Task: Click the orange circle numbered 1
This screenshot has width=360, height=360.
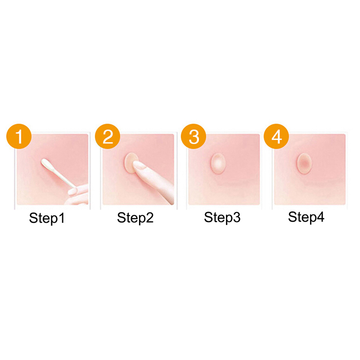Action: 19,136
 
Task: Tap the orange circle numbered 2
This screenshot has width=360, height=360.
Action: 108,136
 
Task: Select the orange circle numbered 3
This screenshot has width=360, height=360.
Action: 193,136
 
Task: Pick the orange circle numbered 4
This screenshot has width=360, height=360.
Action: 276,136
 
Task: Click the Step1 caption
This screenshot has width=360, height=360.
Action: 47,218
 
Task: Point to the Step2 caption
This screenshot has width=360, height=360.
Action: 135,218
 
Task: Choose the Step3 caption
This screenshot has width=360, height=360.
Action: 222,217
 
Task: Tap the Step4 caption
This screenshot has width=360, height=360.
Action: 306,217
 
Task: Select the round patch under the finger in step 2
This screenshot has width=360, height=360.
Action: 131,163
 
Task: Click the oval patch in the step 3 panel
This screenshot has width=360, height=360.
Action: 218,163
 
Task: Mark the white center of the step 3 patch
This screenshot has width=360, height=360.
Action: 218,163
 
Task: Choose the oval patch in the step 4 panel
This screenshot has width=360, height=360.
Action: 304,163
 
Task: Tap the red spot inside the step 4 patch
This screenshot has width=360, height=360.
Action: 304,163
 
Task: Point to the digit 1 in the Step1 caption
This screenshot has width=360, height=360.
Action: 62,217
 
